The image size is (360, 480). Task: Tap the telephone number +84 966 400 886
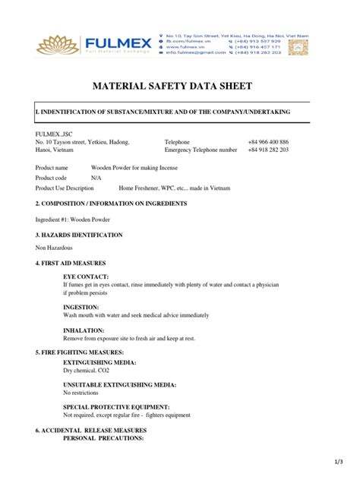click(x=267, y=142)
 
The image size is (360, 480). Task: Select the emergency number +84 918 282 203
click(x=267, y=150)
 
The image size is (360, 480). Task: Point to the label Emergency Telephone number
click(x=201, y=150)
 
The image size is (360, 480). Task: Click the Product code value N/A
click(x=96, y=177)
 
